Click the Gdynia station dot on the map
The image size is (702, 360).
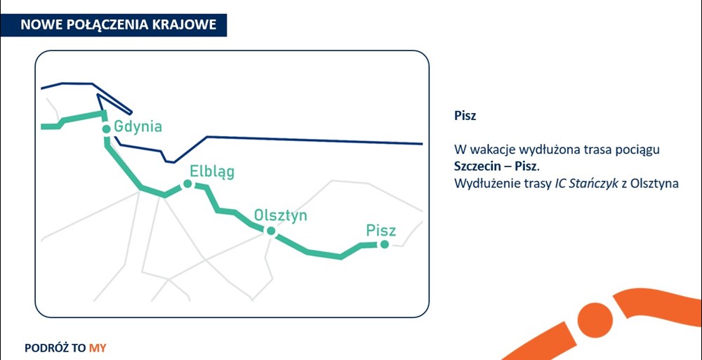[x=106, y=129]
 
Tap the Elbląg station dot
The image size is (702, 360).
[x=187, y=184]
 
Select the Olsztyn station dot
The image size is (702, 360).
[x=270, y=231]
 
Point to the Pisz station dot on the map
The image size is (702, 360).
[x=384, y=244]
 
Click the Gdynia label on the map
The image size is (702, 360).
[x=138, y=127]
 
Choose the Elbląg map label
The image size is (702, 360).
[x=212, y=172]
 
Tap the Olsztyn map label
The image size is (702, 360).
[x=281, y=215]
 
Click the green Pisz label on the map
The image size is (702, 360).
[x=381, y=230]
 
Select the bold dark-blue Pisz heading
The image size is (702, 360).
[x=465, y=116]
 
